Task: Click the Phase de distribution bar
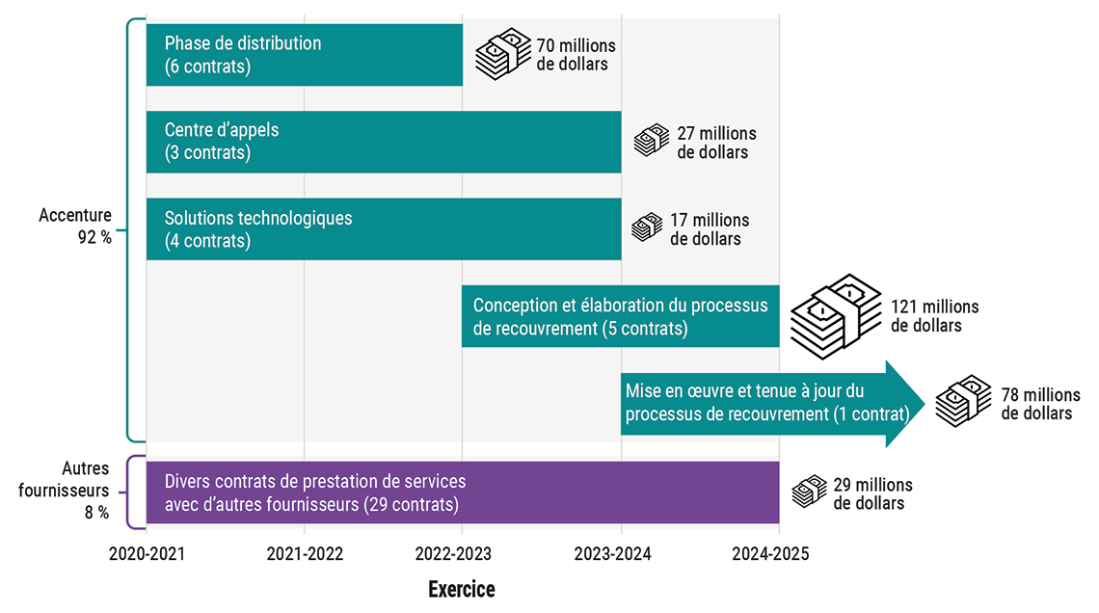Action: click(x=304, y=55)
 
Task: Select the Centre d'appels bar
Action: click(x=384, y=142)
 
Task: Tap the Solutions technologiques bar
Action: click(x=384, y=228)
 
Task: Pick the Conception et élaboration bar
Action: click(x=620, y=316)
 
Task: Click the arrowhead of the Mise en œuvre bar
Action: click(x=905, y=404)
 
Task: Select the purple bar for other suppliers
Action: click(x=463, y=493)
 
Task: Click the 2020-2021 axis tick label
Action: click(x=147, y=554)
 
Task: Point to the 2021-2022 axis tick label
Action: click(x=305, y=554)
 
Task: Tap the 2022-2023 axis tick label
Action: click(x=463, y=554)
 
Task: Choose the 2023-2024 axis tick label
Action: click(x=621, y=554)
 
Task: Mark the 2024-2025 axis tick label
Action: click(x=779, y=554)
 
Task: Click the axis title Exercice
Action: click(x=462, y=589)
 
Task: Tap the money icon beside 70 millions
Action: click(x=502, y=54)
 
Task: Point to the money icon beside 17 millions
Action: click(x=647, y=227)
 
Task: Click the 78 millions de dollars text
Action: click(x=1037, y=404)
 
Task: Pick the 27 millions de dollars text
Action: click(x=712, y=143)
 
